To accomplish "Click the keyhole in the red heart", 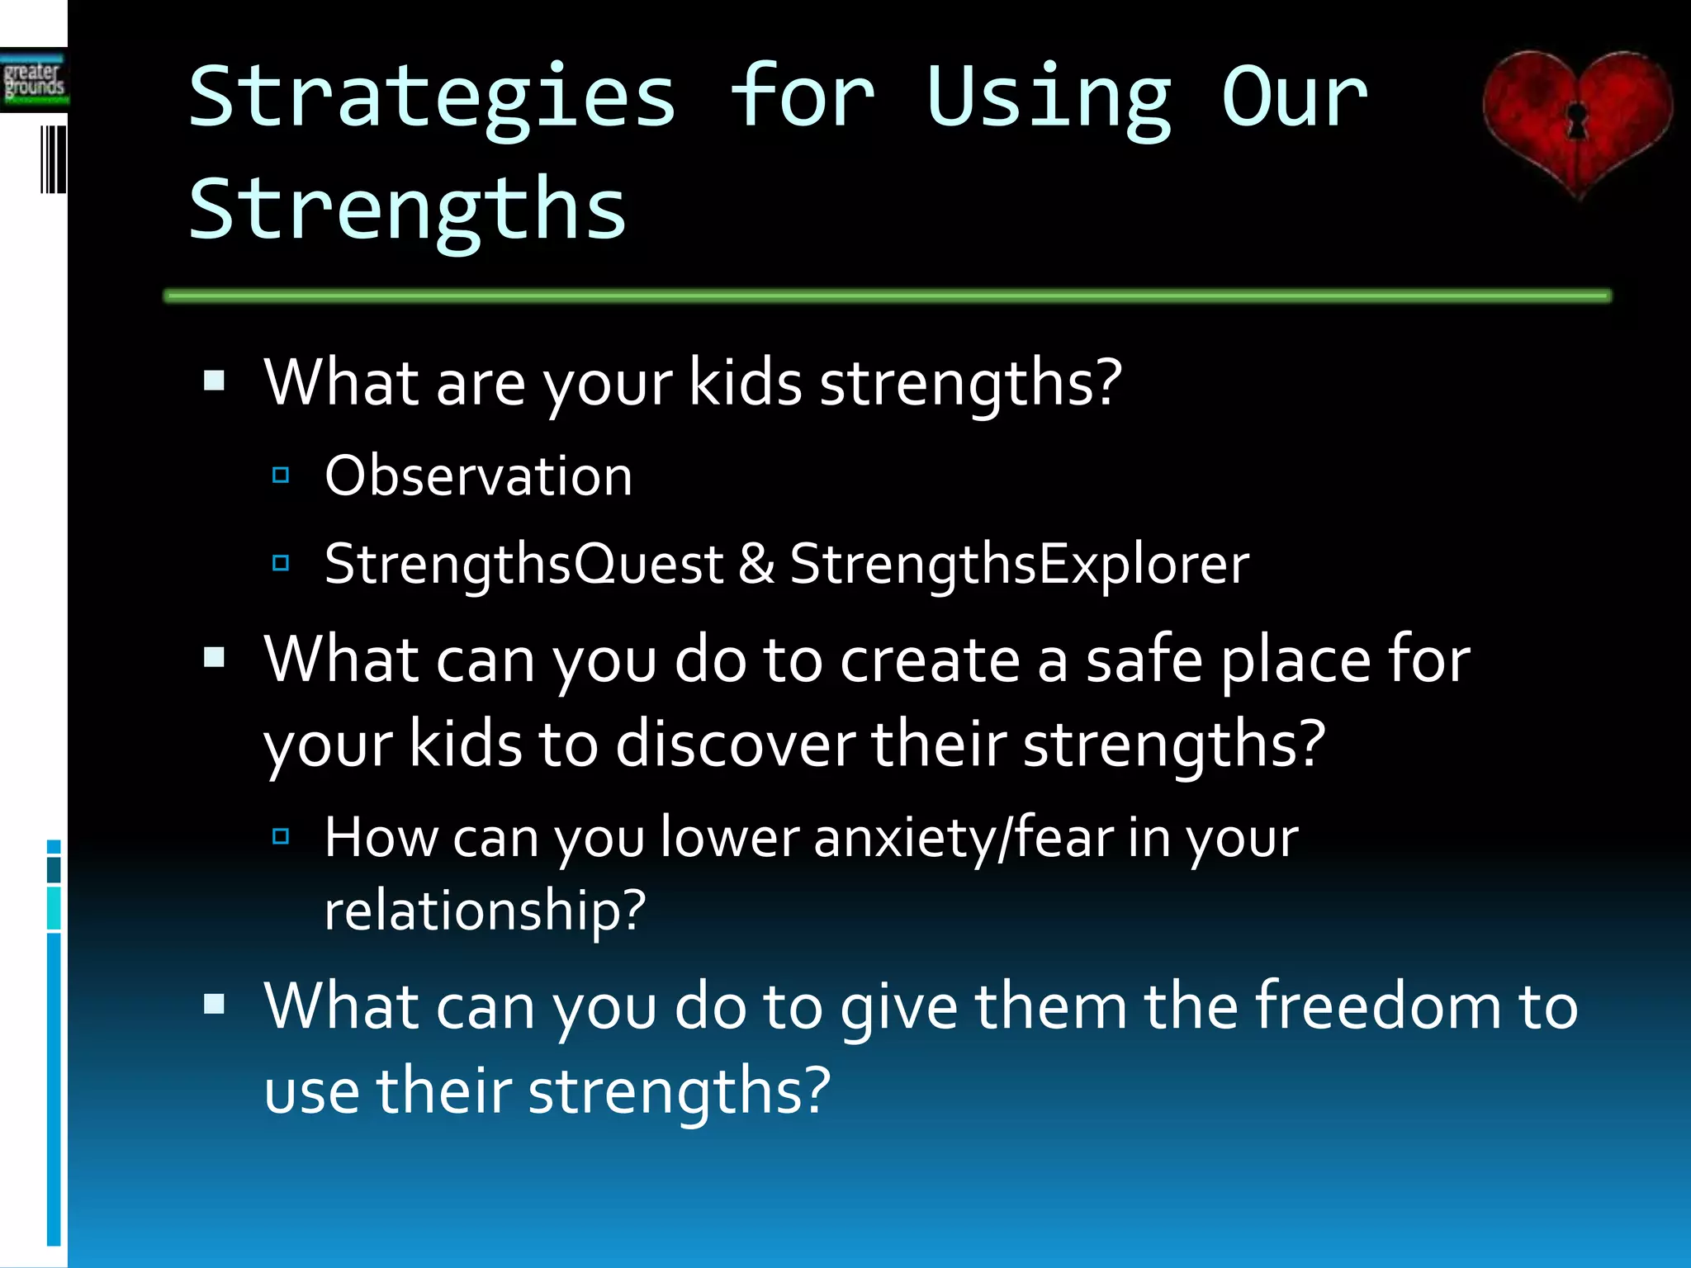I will pyautogui.click(x=1578, y=121).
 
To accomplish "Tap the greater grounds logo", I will pyautogui.click(x=34, y=81).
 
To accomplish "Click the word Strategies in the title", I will pyautogui.click(x=433, y=99).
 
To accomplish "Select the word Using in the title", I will pyautogui.click(x=1049, y=99).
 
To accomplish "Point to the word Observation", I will pyautogui.click(x=478, y=476).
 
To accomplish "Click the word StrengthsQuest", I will pyautogui.click(x=523, y=565).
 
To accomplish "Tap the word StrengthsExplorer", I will pyautogui.click(x=1019, y=565).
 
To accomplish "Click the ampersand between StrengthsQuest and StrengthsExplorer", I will pyautogui.click(x=756, y=565).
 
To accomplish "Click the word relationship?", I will pyautogui.click(x=485, y=911).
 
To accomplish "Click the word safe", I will pyautogui.click(x=1144, y=660).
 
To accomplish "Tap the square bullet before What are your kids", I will pyautogui.click(x=215, y=381).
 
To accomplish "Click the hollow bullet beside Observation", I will pyautogui.click(x=281, y=475).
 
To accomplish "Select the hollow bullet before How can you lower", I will pyautogui.click(x=281, y=836).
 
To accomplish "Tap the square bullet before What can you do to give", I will pyautogui.click(x=215, y=1003).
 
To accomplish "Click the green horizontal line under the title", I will pyautogui.click(x=888, y=296).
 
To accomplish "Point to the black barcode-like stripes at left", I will pyautogui.click(x=53, y=159).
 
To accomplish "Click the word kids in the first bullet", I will pyautogui.click(x=745, y=383).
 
